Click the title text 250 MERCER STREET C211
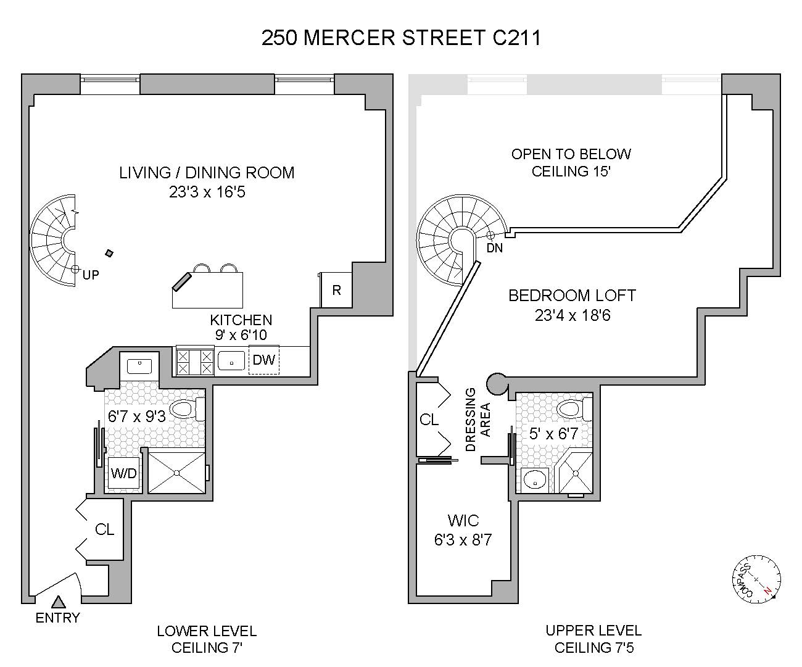(x=402, y=38)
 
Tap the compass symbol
(x=758, y=578)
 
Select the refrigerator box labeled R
(x=336, y=289)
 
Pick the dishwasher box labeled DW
(x=264, y=360)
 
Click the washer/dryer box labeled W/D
(x=123, y=474)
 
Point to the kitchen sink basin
(x=231, y=360)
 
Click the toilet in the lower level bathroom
(x=184, y=408)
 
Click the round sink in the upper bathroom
(x=535, y=478)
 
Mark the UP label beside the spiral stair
(x=91, y=275)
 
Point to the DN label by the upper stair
(x=495, y=249)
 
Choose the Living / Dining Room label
(x=207, y=173)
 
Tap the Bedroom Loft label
(x=572, y=296)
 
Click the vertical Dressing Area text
(x=477, y=420)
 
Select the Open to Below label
(x=571, y=154)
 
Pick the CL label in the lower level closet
(x=105, y=529)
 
